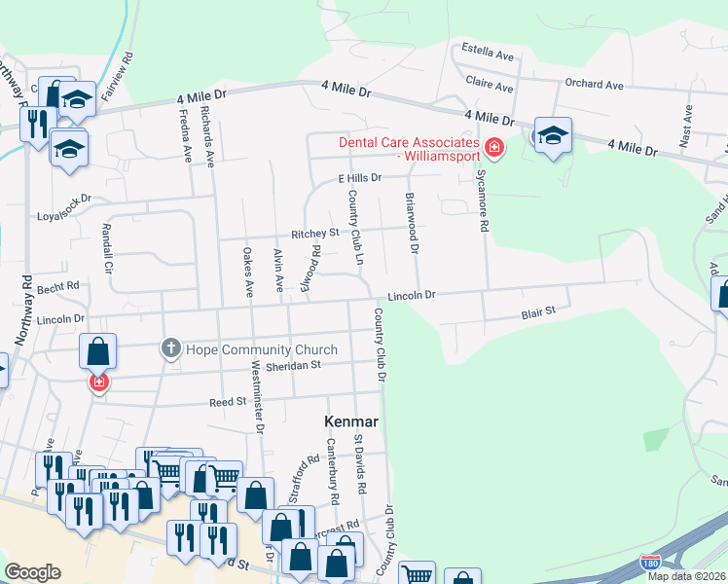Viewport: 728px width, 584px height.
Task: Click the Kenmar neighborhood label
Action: point(350,422)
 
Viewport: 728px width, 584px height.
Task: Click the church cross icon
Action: point(170,348)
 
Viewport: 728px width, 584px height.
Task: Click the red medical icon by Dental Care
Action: point(494,149)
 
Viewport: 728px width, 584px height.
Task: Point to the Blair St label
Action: point(537,312)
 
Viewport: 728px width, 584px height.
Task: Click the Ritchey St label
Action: point(314,234)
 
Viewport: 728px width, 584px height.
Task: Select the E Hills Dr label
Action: point(360,178)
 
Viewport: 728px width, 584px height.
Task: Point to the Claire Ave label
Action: point(490,84)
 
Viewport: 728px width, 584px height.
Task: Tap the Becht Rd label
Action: point(58,289)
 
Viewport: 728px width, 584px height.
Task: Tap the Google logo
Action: point(32,572)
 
